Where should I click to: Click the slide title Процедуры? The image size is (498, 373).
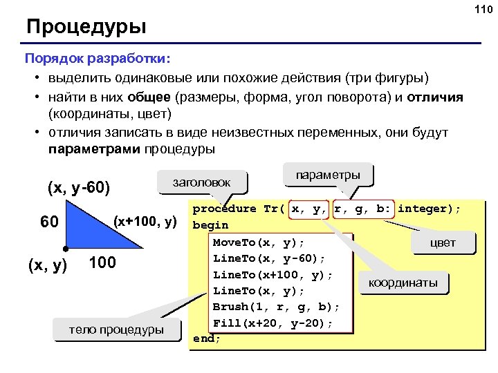click(x=86, y=28)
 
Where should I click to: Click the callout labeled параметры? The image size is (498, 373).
click(x=327, y=175)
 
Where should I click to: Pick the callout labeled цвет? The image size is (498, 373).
click(x=443, y=243)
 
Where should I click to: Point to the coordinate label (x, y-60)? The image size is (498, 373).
click(x=79, y=187)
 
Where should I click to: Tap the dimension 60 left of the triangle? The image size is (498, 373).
click(x=48, y=223)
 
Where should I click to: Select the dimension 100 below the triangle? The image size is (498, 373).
click(x=102, y=263)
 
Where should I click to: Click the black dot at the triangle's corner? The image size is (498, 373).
click(x=64, y=247)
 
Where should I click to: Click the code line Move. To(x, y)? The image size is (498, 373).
click(x=258, y=242)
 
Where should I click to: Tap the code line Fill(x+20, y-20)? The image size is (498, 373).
click(x=273, y=323)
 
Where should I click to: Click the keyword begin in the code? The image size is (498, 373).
click(x=210, y=225)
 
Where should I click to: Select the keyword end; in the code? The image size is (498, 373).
click(x=207, y=338)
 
